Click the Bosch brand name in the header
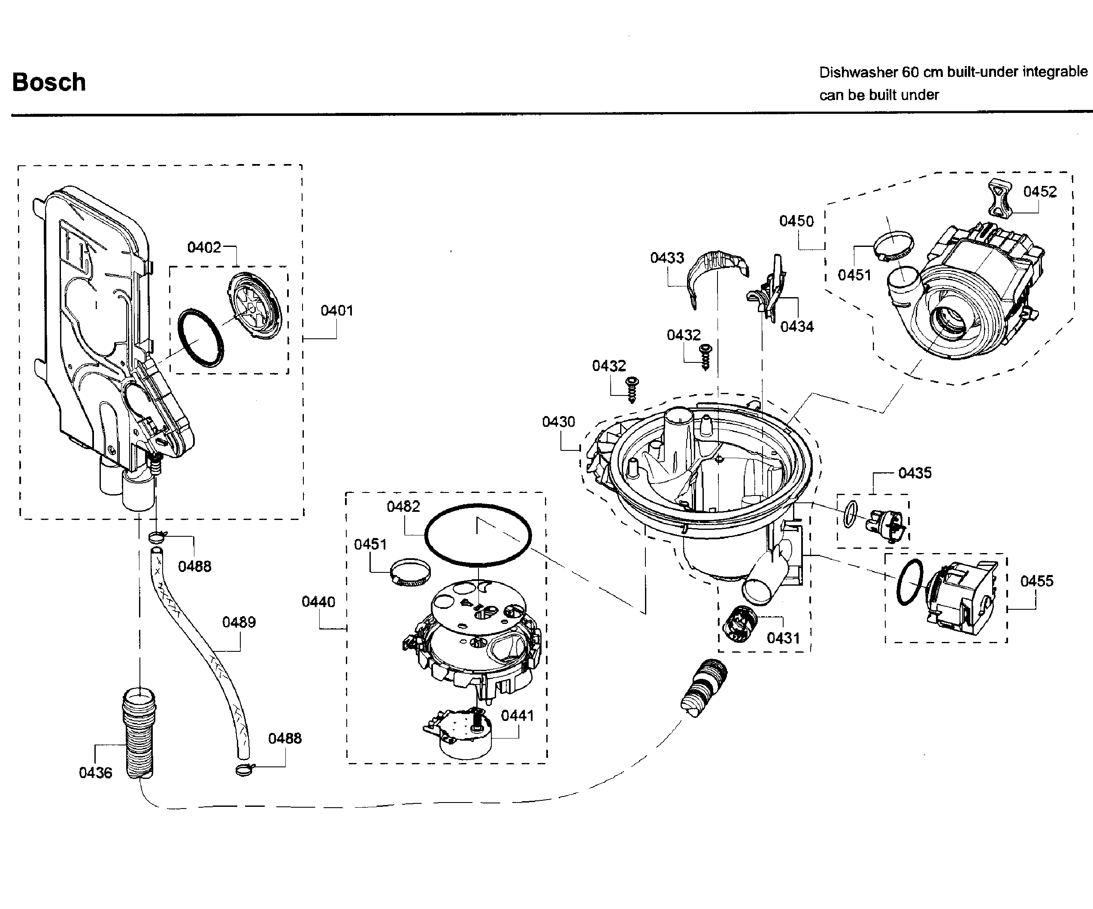pos(49,82)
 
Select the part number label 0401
pos(337,311)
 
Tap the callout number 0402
pos(204,247)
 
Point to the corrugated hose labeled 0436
pos(139,735)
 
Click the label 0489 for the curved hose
pos(239,623)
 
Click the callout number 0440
pos(318,602)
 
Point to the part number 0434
pos(797,327)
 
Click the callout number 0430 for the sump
pos(558,422)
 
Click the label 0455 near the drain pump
pos(1036,581)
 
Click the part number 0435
pos(914,474)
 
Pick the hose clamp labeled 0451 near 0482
pos(410,572)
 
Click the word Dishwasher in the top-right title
pos(858,73)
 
